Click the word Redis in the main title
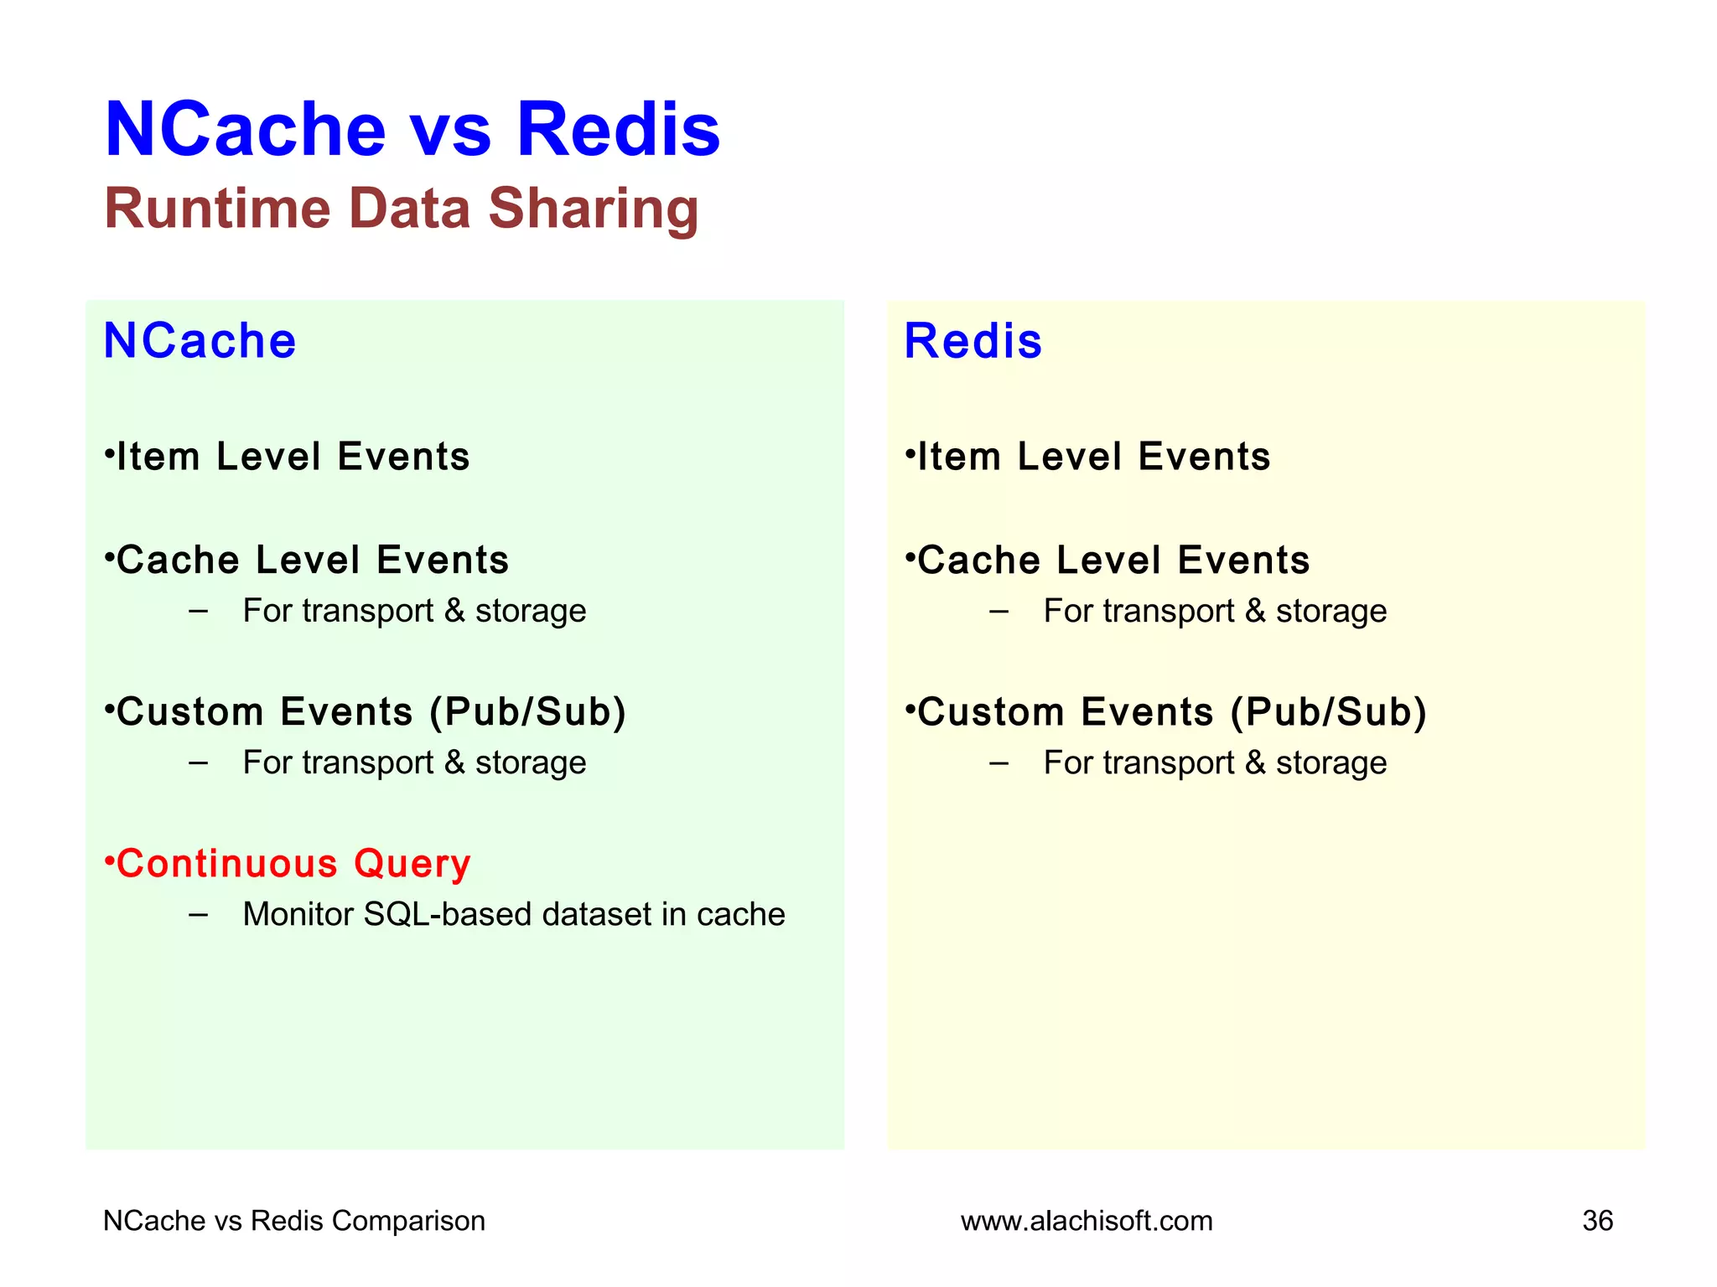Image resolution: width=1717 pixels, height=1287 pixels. [618, 130]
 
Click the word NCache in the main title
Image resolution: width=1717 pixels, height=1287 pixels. [245, 130]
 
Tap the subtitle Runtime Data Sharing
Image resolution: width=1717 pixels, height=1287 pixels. [401, 209]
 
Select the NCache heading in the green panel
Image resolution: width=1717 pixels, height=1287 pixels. [200, 341]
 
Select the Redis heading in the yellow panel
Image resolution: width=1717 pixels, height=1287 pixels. [973, 341]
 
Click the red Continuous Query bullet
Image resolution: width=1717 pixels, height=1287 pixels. [288, 864]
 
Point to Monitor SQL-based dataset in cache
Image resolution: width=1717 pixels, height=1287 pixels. [513, 914]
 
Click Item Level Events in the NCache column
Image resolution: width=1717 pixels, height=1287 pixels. [288, 457]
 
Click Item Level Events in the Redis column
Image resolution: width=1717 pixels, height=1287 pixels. [1088, 457]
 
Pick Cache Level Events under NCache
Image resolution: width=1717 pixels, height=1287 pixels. [307, 560]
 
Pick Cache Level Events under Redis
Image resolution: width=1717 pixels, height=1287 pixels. [1107, 560]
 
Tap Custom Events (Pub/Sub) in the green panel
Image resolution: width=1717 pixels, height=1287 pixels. [366, 712]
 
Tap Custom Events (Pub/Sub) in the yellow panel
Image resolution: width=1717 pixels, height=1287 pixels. [1166, 712]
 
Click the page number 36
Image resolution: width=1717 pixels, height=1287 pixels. [1597, 1221]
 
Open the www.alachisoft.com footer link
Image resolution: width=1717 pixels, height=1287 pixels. [1087, 1221]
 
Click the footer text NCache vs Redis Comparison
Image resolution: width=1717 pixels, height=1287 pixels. [293, 1221]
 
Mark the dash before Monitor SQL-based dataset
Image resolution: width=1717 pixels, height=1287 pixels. [199, 914]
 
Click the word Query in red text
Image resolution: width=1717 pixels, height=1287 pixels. [412, 864]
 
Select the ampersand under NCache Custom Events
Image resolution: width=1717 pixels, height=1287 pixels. [454, 762]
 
